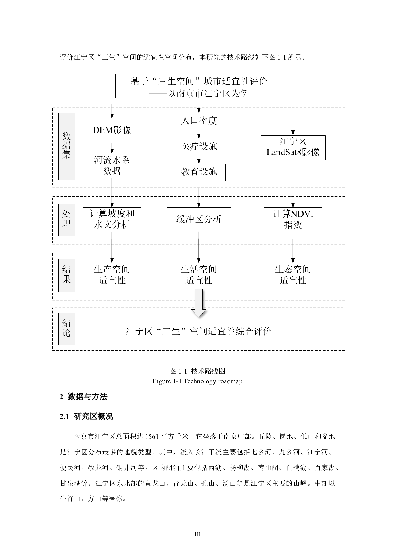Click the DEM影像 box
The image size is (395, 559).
coord(112,131)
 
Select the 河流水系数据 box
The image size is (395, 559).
coord(112,166)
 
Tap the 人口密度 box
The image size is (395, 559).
coord(199,121)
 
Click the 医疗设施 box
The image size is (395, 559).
coord(199,147)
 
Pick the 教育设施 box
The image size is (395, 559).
coord(199,172)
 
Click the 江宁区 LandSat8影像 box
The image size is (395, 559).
coord(293,147)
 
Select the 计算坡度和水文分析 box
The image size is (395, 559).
coord(112,220)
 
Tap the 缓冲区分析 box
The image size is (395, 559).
coord(199,220)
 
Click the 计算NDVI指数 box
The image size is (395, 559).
coord(293,220)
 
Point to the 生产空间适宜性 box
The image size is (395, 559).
coord(112,275)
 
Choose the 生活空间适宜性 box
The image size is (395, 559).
coord(199,275)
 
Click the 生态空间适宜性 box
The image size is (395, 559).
coord(293,275)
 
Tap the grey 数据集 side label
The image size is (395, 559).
coord(66,146)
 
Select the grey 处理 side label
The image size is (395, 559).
coord(66,219)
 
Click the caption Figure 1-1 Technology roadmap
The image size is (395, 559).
coord(197,381)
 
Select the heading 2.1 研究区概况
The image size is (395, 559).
coord(87,417)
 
